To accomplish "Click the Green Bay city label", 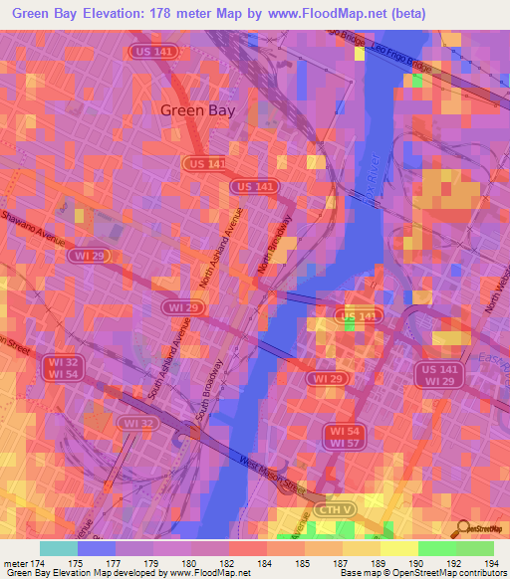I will click(x=198, y=110).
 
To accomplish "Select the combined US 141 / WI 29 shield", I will click(x=438, y=375).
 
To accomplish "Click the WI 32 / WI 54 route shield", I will click(x=60, y=368).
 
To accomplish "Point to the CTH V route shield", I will click(x=334, y=509).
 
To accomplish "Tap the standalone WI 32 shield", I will click(x=136, y=423).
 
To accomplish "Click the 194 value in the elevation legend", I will click(x=492, y=564).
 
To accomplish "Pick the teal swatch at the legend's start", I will click(x=59, y=548).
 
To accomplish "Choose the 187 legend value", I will click(x=342, y=564).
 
